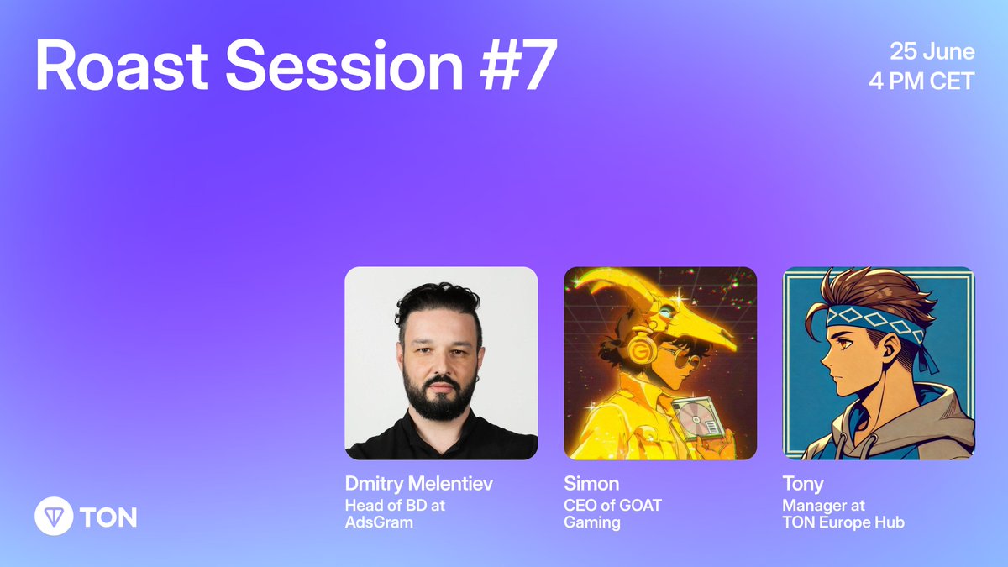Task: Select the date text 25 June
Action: [x=932, y=52]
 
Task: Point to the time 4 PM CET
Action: [x=922, y=82]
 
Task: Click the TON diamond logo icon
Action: [x=53, y=517]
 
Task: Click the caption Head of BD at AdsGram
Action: [x=395, y=513]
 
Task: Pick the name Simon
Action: [x=591, y=485]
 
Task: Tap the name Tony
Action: [x=803, y=485]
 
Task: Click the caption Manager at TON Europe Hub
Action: [x=843, y=513]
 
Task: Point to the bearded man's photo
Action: [x=441, y=363]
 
